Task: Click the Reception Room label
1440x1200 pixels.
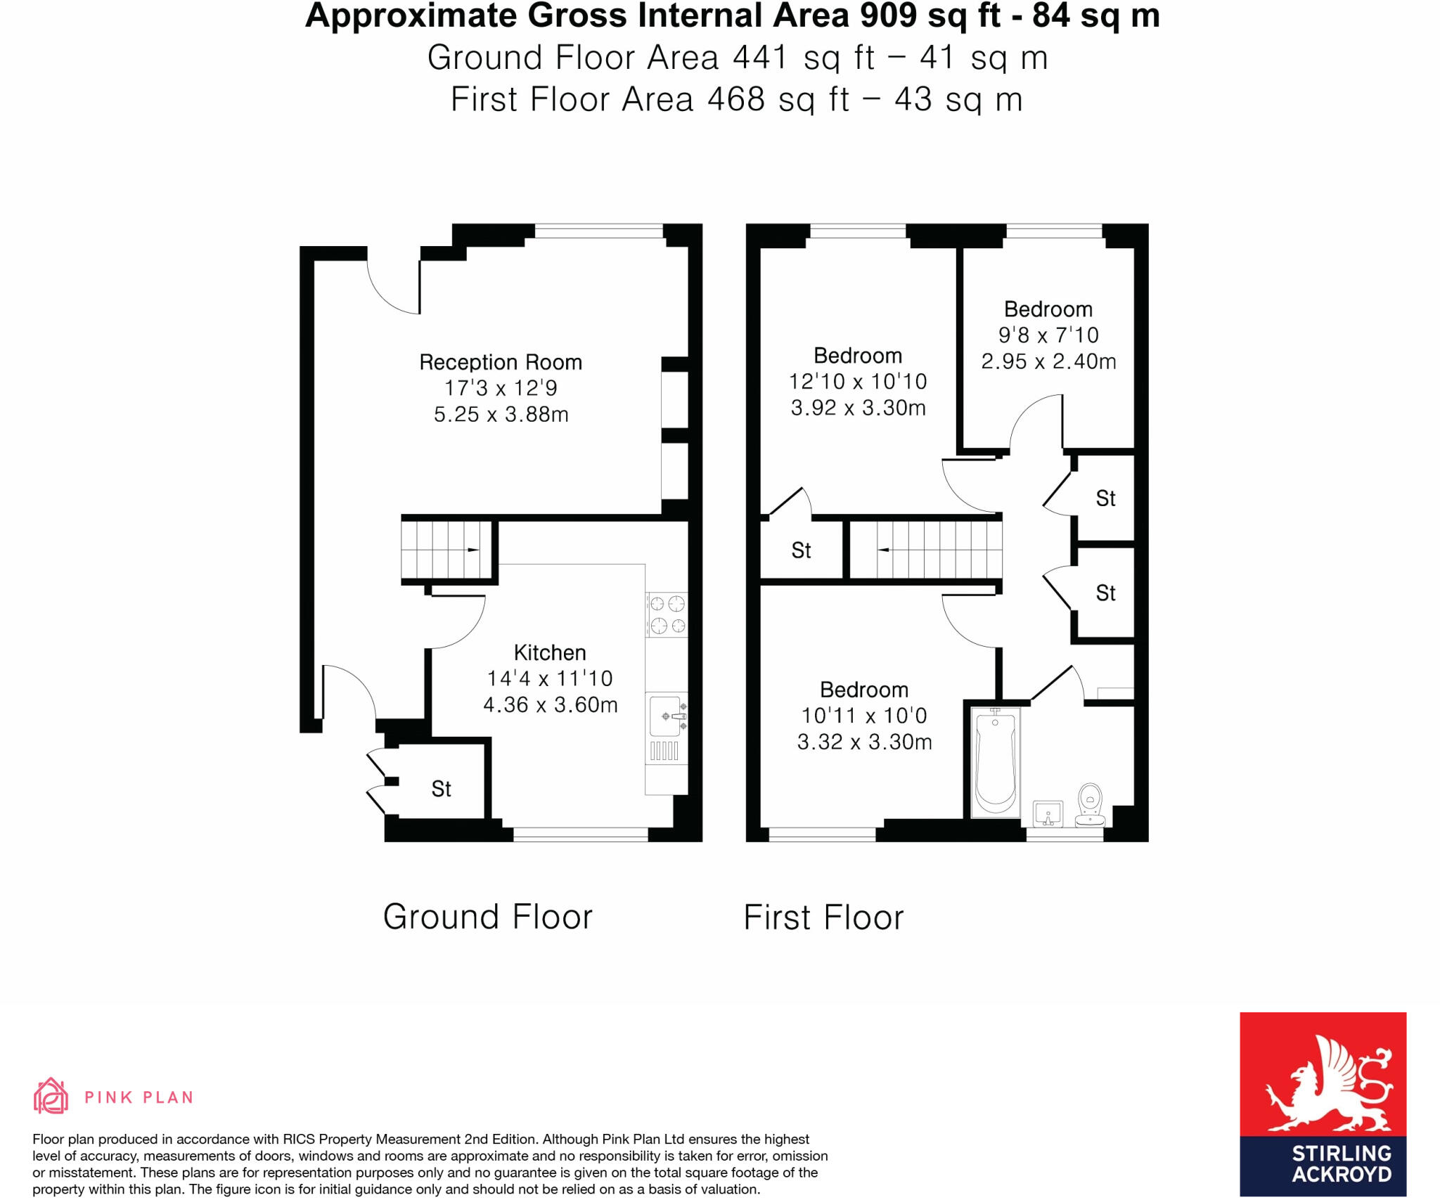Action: [501, 362]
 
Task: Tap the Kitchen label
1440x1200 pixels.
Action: [550, 652]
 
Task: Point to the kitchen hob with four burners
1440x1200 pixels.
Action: [667, 615]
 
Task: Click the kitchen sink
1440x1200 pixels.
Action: [667, 728]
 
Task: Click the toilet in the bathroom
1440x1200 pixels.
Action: [1091, 804]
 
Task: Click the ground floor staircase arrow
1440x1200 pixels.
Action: [473, 550]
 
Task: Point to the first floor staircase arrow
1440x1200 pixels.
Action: [884, 550]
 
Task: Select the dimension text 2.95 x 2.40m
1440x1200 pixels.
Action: [1048, 361]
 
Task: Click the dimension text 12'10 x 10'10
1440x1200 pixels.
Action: [858, 382]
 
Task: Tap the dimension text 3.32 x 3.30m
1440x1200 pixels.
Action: [864, 742]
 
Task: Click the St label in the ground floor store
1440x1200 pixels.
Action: [441, 789]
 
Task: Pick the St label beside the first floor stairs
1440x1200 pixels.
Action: [801, 550]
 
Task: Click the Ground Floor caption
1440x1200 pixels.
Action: [488, 917]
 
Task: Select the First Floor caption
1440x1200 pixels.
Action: [823, 917]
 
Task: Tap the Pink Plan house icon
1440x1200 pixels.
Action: [51, 1095]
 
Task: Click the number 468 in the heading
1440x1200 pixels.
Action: [735, 99]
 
